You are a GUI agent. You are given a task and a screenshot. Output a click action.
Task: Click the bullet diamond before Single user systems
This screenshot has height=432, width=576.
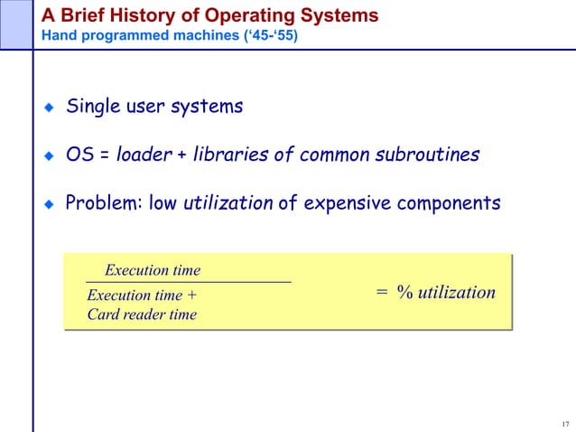50,108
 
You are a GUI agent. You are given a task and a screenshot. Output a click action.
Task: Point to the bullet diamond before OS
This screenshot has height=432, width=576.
50,155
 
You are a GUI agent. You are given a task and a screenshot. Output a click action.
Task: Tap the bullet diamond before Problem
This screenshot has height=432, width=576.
50,204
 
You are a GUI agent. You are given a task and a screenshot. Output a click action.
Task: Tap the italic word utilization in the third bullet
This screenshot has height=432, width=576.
228,203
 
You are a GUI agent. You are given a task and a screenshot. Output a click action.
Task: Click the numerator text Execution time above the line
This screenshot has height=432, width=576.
153,270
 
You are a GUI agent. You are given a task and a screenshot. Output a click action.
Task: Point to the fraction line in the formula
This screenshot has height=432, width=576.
188,283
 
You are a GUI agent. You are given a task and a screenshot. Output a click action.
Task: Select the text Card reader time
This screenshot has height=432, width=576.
141,315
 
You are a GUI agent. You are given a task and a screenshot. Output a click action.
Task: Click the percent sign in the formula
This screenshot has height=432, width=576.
404,293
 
